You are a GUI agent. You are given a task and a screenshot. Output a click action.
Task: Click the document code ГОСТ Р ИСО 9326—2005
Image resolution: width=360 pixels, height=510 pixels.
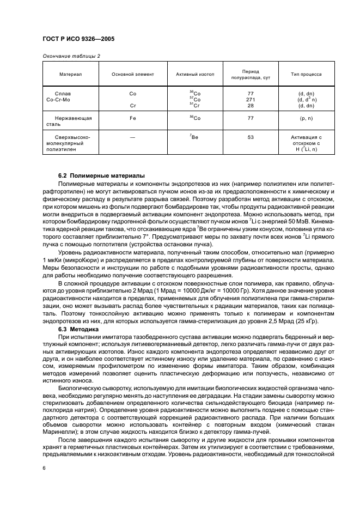[x=78, y=39]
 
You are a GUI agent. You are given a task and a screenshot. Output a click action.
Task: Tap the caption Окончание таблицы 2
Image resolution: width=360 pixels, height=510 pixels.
[x=71, y=56]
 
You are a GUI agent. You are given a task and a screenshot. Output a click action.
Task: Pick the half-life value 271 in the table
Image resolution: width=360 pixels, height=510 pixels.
[x=251, y=99]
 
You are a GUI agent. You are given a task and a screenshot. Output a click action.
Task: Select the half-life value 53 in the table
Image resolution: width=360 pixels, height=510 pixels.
[x=251, y=137]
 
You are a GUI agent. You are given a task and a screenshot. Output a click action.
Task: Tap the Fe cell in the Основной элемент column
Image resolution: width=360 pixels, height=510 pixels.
[x=132, y=118]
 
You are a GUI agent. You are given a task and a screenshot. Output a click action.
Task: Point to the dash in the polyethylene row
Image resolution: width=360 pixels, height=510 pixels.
[x=132, y=137]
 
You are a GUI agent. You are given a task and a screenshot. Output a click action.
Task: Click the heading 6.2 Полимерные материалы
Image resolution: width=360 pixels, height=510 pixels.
[x=101, y=175]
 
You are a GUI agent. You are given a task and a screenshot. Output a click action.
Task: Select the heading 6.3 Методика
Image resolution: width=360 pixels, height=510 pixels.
[x=78, y=330]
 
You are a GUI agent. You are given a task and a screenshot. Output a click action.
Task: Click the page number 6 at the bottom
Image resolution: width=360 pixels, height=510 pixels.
[x=44, y=467]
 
